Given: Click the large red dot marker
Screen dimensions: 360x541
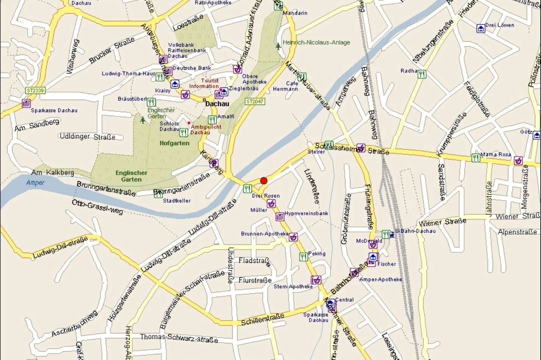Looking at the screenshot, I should (264, 181).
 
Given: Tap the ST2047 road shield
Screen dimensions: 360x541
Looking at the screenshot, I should (255, 102).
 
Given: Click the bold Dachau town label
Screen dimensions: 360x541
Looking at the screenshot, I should (217, 103).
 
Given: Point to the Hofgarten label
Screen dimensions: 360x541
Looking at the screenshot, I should (174, 143).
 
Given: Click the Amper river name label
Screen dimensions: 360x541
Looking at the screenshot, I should (35, 183).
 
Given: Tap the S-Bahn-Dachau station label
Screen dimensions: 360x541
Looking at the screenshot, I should (415, 231).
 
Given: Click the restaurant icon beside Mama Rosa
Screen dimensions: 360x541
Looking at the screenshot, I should (475, 158).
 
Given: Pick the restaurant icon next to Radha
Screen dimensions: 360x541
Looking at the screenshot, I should (422, 74).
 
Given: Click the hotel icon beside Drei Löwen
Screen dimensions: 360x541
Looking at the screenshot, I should (481, 28).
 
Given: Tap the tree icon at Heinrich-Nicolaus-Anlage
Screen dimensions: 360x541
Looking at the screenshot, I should (278, 46).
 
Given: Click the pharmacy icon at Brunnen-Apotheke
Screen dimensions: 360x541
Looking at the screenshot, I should (293, 237).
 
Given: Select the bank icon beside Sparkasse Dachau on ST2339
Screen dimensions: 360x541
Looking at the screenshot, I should (26, 103).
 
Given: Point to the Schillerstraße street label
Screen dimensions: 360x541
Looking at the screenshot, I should (263, 319).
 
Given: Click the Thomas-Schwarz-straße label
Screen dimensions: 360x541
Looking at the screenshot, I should (179, 338).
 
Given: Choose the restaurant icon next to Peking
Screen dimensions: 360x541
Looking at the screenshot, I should (303, 257).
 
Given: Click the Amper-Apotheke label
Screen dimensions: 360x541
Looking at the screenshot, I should (380, 279).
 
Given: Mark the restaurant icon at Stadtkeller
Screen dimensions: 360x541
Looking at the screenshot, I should (158, 194).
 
